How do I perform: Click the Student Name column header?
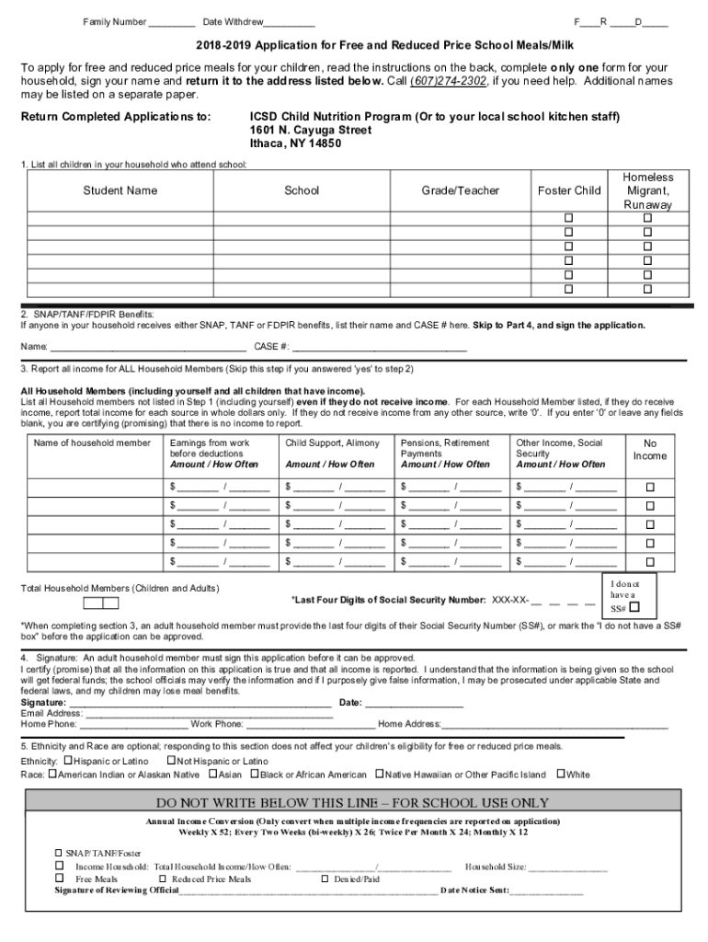[x=120, y=190]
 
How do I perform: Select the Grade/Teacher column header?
[x=460, y=190]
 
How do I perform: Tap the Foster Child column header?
[x=569, y=190]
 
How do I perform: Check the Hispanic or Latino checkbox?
[x=68, y=761]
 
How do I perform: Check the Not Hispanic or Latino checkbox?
[x=171, y=761]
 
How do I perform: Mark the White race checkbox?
[x=560, y=775]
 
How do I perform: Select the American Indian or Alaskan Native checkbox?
[x=51, y=775]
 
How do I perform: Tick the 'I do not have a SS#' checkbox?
[x=634, y=607]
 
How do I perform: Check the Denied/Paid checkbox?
[x=325, y=879]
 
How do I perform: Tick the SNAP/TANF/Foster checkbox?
[x=60, y=853]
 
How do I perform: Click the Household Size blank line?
[x=567, y=867]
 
